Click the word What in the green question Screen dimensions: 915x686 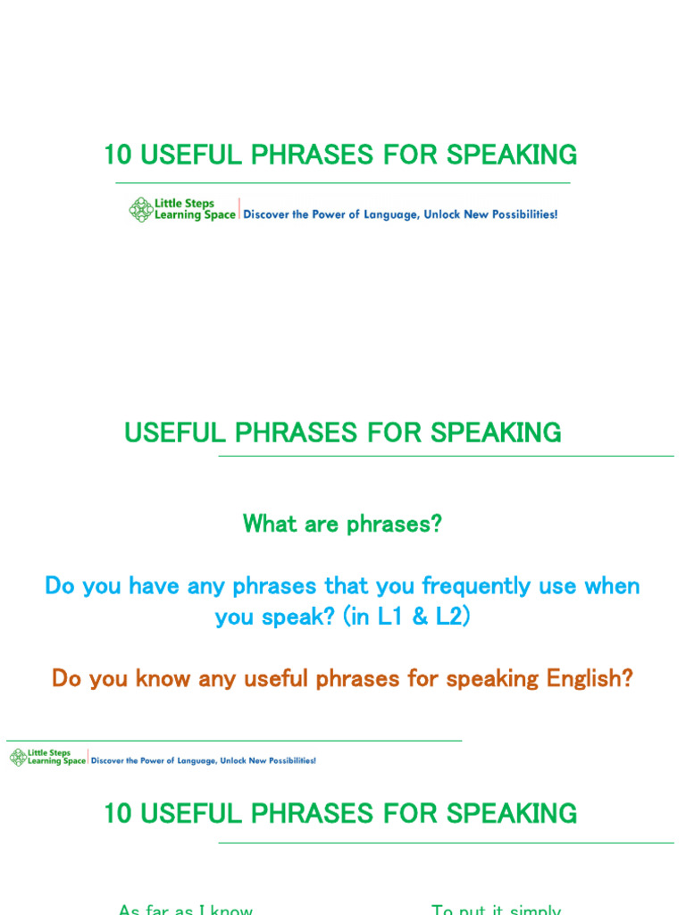pyautogui.click(x=269, y=524)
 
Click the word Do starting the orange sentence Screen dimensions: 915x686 pyautogui.click(x=67, y=678)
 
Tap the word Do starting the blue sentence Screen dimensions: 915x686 pyautogui.click(x=60, y=587)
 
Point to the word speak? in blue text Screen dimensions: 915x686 pyautogui.click(x=289, y=617)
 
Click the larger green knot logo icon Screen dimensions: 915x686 pyautogui.click(x=141, y=210)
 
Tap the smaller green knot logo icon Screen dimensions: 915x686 pyautogui.click(x=18, y=758)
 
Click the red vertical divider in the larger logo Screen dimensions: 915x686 pyautogui.click(x=239, y=209)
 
